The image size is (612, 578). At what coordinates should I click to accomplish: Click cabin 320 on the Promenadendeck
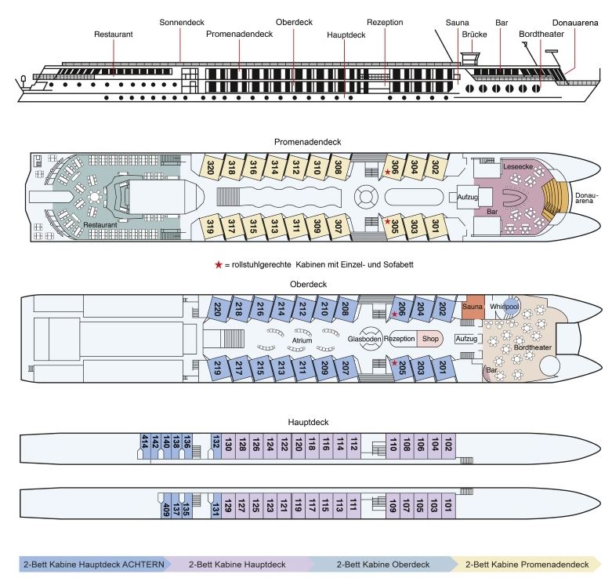point(211,168)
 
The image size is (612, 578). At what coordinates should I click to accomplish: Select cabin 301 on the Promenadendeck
point(436,226)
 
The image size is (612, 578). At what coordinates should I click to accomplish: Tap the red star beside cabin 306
point(387,172)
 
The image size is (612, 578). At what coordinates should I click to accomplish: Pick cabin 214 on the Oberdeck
point(281,308)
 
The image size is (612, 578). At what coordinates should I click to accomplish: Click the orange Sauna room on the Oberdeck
point(473,307)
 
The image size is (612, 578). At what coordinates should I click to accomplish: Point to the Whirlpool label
point(504,307)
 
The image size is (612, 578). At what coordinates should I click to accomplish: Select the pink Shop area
point(430,339)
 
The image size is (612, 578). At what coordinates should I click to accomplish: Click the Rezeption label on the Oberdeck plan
point(399,339)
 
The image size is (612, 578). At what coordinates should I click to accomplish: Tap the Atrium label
point(302,340)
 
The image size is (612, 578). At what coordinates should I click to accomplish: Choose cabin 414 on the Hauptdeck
point(145,446)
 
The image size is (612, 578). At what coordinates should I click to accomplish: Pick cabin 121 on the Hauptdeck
point(284,506)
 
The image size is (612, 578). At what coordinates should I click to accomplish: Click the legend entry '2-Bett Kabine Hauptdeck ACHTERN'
point(94,565)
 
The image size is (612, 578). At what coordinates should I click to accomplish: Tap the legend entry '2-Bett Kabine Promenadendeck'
point(527,565)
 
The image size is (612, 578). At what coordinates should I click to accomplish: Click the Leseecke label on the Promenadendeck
point(518,167)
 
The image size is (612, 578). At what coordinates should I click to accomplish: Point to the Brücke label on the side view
point(474,35)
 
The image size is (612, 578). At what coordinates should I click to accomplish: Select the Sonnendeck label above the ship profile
point(182,22)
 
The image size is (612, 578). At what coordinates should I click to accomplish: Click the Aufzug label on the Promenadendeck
point(467,197)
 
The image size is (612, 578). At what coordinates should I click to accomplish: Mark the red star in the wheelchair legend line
point(219,265)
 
